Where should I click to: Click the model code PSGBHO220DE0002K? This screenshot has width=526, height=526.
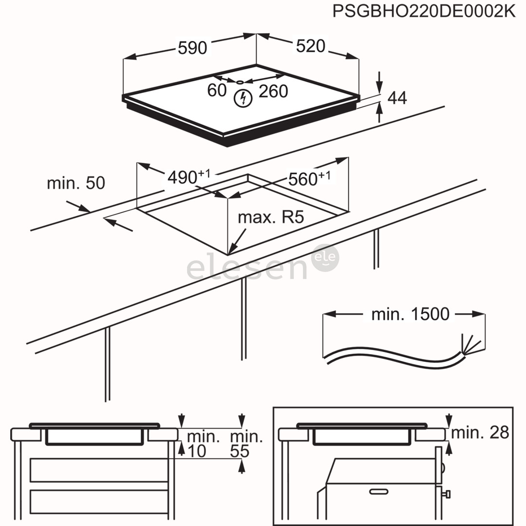pyautogui.click(x=423, y=11)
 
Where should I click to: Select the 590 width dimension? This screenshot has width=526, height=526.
pyautogui.click(x=192, y=48)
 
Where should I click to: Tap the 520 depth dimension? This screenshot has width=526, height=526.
pyautogui.click(x=310, y=46)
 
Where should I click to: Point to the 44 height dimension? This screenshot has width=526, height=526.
pyautogui.click(x=397, y=98)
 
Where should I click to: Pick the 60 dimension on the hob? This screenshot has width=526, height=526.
pyautogui.click(x=217, y=90)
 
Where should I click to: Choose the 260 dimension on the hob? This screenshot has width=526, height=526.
pyautogui.click(x=273, y=91)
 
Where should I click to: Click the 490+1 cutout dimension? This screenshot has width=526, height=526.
pyautogui.click(x=188, y=177)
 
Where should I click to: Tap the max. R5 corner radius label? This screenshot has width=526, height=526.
pyautogui.click(x=270, y=217)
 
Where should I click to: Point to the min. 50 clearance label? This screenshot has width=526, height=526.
pyautogui.click(x=75, y=183)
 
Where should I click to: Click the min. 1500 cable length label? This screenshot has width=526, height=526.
pyautogui.click(x=410, y=315)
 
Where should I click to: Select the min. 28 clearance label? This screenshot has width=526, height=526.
pyautogui.click(x=480, y=432)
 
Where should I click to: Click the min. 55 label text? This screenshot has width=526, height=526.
pyautogui.click(x=246, y=444)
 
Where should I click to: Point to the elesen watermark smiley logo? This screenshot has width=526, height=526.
pyautogui.click(x=326, y=259)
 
